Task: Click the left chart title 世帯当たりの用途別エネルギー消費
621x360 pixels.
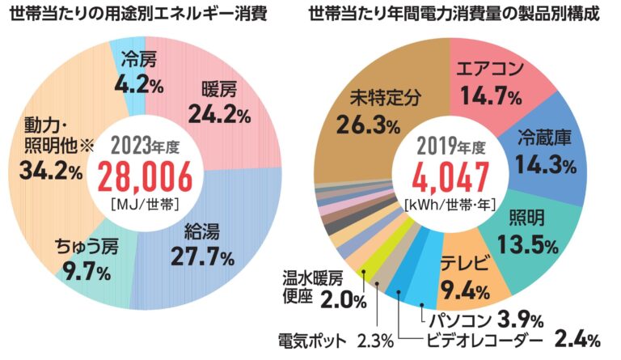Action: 145,15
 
